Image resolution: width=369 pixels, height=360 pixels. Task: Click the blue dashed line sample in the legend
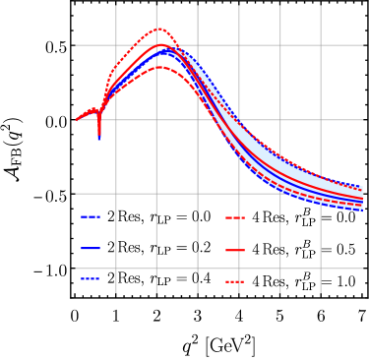[90, 217]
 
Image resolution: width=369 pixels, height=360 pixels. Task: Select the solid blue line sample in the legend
[90, 249]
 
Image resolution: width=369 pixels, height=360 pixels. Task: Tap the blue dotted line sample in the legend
[90, 279]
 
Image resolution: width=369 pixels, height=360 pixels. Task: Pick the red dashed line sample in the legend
[235, 218]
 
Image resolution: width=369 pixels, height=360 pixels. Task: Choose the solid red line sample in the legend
[235, 250]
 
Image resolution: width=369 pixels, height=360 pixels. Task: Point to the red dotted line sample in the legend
[235, 281]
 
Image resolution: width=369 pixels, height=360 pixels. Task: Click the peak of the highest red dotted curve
[159, 29]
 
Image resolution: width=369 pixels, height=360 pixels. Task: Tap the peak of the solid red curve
[163, 44]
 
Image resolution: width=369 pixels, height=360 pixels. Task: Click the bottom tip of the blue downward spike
[99, 140]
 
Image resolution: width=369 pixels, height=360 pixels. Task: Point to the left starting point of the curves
[77, 119]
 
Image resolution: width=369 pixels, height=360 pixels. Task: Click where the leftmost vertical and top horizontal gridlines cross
[116, 45]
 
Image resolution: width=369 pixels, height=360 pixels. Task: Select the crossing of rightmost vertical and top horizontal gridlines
[321, 45]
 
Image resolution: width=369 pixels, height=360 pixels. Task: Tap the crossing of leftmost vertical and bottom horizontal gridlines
[116, 269]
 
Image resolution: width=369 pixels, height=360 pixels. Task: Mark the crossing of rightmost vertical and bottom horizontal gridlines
[321, 269]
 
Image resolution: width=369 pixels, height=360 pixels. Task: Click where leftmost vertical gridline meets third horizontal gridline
[116, 194]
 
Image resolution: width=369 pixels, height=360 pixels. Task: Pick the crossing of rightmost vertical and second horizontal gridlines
[321, 120]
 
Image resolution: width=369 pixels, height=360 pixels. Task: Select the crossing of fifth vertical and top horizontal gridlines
[279, 45]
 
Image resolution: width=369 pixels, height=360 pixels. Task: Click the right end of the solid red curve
[362, 200]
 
